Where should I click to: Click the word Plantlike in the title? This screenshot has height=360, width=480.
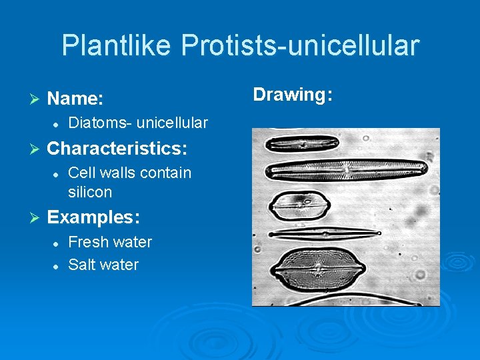[x=117, y=45]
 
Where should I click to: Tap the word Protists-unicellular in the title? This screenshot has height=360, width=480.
[x=300, y=45]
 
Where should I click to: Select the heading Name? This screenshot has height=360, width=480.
[x=75, y=99]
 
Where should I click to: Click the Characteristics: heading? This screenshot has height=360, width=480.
[x=117, y=147]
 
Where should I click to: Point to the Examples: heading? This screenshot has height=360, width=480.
[x=93, y=217]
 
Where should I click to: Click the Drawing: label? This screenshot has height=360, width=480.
[x=293, y=95]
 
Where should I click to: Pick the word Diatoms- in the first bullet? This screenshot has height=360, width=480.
[x=100, y=123]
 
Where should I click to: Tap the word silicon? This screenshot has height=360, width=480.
[x=90, y=192]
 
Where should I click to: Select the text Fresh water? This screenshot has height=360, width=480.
[x=110, y=242]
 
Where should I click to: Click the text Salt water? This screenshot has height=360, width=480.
[x=103, y=265]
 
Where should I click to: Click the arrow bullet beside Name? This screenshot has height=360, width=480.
[x=36, y=99]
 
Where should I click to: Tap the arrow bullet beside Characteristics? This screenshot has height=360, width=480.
[x=36, y=148]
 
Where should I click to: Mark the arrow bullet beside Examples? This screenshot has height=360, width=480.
[x=36, y=218]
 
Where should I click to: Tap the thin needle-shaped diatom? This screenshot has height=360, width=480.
[x=326, y=233]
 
